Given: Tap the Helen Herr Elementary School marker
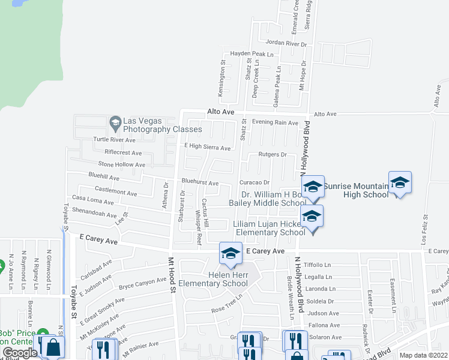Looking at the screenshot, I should (x=229, y=253).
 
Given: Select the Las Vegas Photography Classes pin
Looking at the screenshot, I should (x=115, y=124).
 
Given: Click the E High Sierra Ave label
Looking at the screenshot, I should (x=207, y=148).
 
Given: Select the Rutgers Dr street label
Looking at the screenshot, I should (x=273, y=154).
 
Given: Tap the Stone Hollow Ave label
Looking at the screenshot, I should (x=122, y=164).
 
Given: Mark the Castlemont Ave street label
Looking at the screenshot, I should (x=116, y=193).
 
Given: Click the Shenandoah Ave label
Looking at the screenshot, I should (x=94, y=214).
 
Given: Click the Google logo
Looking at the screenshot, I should (x=20, y=353).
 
